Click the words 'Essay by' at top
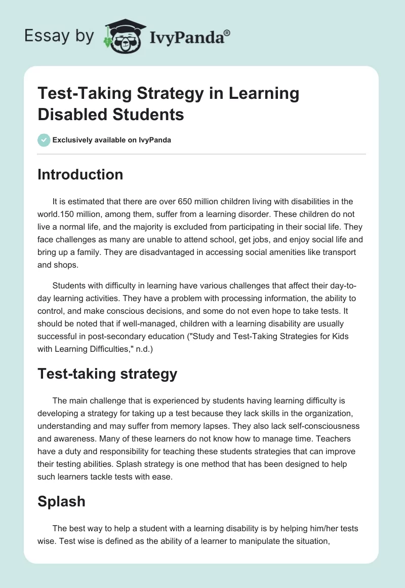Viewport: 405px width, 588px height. point(60,35)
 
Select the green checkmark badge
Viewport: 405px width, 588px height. point(44,140)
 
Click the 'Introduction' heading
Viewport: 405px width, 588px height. point(80,174)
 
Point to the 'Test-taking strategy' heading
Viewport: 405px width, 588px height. point(107,374)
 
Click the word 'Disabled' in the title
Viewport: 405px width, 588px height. point(69,114)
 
